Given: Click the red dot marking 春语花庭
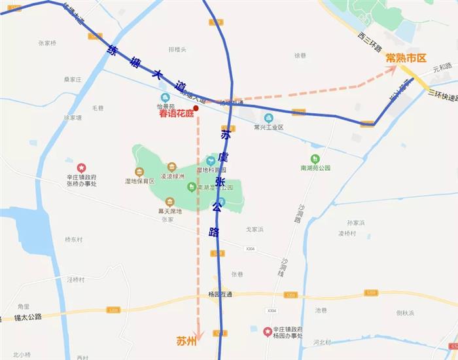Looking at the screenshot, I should point(196,109).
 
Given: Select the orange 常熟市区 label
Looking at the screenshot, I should point(406,58).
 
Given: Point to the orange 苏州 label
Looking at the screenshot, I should point(186,341).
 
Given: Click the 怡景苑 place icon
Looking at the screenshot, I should point(165,97).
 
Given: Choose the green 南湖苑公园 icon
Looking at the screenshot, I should point(315,158).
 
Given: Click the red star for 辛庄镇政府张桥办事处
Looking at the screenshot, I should point(81,168).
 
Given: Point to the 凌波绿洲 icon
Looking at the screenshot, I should point(171,167).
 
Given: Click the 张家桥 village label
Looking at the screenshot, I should point(47,43).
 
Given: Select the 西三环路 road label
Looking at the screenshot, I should point(370,45).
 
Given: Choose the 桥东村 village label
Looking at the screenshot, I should point(74,240).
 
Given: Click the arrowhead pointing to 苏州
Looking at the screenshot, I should point(198,336).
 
